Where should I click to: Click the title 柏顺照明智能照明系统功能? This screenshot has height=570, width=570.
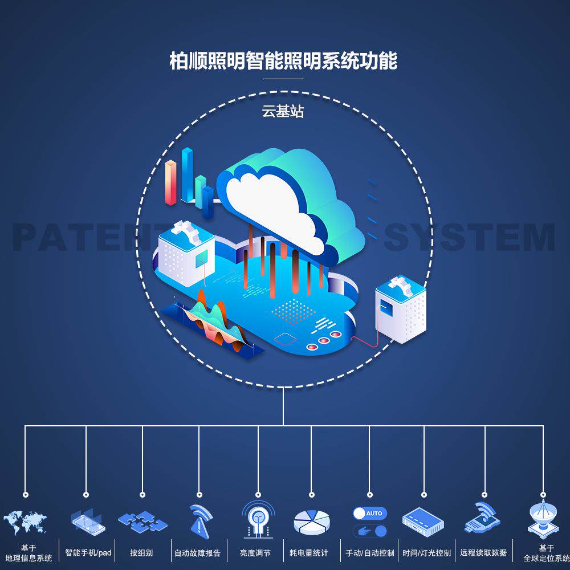point(283,60)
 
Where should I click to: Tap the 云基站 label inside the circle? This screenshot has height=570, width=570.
point(283,112)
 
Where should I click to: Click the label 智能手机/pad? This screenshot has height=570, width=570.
point(88,552)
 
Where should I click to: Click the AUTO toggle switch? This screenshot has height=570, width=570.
point(369,513)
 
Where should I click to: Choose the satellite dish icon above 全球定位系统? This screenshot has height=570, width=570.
point(543,520)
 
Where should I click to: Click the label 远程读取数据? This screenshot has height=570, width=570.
point(483,552)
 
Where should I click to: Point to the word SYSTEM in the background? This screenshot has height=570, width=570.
point(469,237)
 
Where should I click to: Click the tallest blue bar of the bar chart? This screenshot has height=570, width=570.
point(187,174)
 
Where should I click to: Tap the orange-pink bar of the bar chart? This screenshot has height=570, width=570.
point(170,182)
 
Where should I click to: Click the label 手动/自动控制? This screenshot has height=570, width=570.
point(369,552)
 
